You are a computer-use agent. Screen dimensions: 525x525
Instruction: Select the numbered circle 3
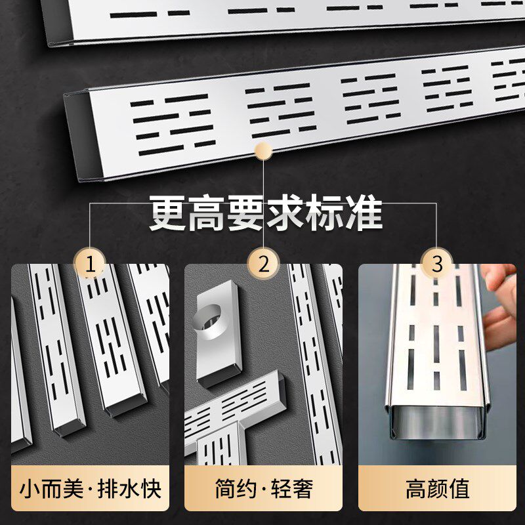point(436,264)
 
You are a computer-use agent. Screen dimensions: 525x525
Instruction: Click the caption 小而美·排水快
point(91,489)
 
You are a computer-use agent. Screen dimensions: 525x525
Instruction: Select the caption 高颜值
point(436,489)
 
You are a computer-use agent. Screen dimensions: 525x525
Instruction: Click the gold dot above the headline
point(263,151)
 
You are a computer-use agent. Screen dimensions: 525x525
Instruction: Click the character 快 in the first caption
point(150,489)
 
